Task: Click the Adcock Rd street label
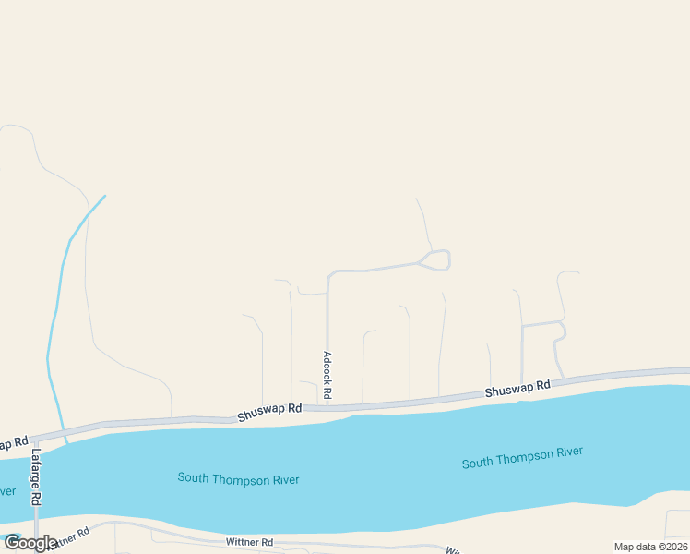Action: click(x=327, y=375)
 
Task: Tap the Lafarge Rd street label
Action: click(x=36, y=476)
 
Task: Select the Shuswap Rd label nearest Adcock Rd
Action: click(x=269, y=412)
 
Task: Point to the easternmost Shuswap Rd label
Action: click(x=517, y=389)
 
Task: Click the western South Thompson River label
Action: click(x=238, y=478)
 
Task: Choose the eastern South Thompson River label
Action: click(x=522, y=457)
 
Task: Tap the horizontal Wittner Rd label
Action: click(x=249, y=542)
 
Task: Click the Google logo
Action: click(x=30, y=543)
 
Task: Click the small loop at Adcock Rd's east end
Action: click(x=436, y=260)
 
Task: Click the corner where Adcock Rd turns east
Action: click(x=329, y=273)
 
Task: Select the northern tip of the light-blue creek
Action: click(x=105, y=195)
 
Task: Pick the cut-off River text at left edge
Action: click(x=7, y=490)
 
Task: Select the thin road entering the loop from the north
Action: click(x=423, y=222)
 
